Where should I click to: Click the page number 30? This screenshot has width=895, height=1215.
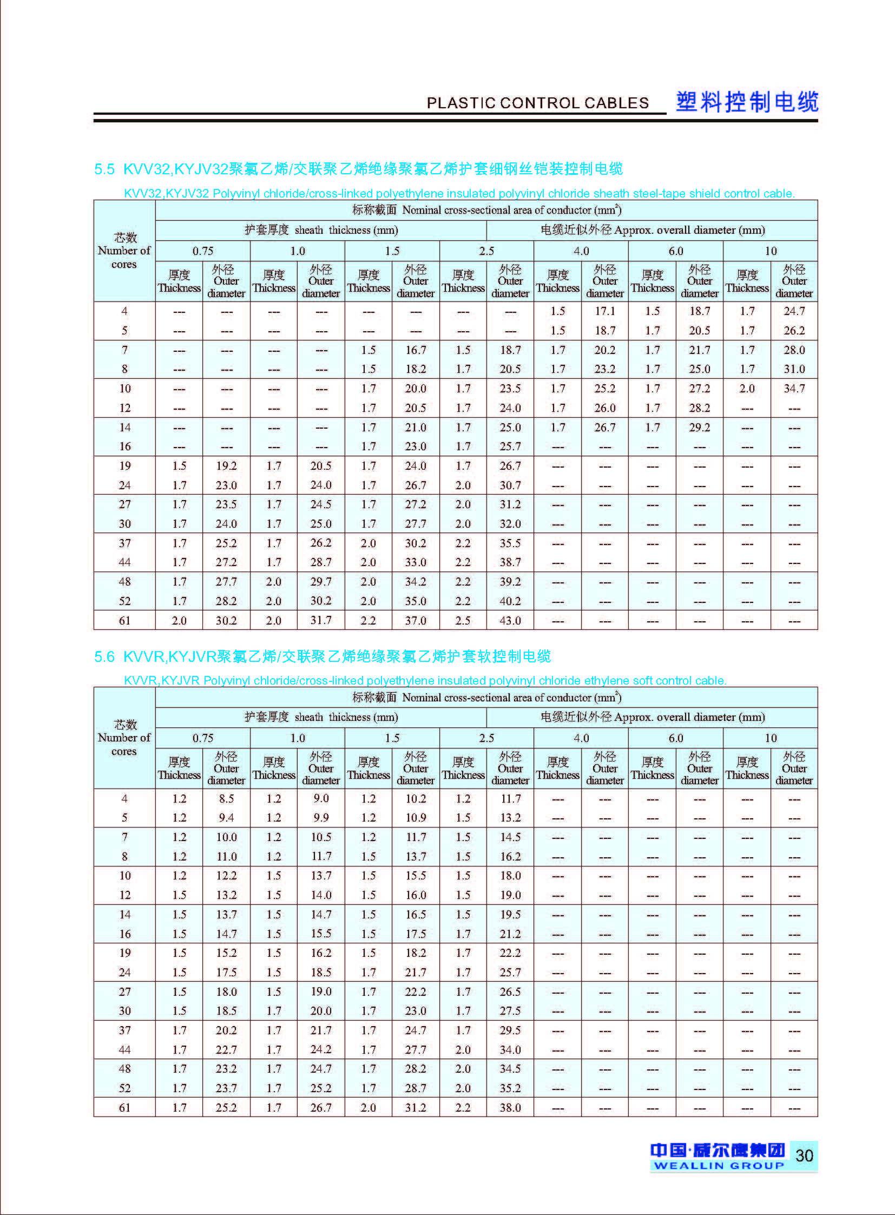coord(804,1155)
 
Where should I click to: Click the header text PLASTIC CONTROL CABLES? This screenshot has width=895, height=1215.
coord(537,103)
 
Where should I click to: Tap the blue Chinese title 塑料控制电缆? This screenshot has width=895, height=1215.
coord(747,102)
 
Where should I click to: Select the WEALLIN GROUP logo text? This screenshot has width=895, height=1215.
coord(719,1165)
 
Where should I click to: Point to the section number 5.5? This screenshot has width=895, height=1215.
coord(104,169)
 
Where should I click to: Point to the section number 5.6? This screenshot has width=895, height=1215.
coord(104,656)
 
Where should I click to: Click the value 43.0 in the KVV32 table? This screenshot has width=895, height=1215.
coord(510,621)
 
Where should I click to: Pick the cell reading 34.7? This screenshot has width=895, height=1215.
coord(794,389)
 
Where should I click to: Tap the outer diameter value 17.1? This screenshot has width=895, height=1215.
coord(604,311)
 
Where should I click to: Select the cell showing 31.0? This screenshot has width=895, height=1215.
coord(794,369)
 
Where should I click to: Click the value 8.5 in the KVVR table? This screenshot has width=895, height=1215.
coord(227,798)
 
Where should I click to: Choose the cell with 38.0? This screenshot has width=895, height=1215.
coord(510,1108)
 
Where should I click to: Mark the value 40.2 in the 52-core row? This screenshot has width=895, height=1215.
coord(510,601)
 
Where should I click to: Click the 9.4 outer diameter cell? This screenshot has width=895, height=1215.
coord(227,818)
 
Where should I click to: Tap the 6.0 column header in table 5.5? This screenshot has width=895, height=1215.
coord(676,251)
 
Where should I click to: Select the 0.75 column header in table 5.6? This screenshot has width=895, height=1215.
coord(202,738)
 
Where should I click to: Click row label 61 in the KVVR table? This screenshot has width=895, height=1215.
coord(124,1108)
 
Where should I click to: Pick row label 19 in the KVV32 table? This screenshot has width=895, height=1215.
coord(124,466)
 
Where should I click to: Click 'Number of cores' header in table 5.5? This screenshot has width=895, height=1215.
coord(124,251)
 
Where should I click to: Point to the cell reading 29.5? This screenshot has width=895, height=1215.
coord(510,1030)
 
